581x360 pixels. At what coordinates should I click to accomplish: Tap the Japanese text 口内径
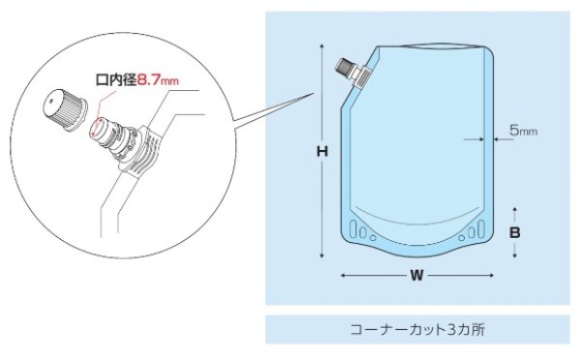112,83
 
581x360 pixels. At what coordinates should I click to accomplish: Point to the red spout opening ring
99,129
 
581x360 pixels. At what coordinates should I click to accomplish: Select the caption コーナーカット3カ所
417,329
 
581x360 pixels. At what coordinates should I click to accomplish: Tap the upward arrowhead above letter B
516,208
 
